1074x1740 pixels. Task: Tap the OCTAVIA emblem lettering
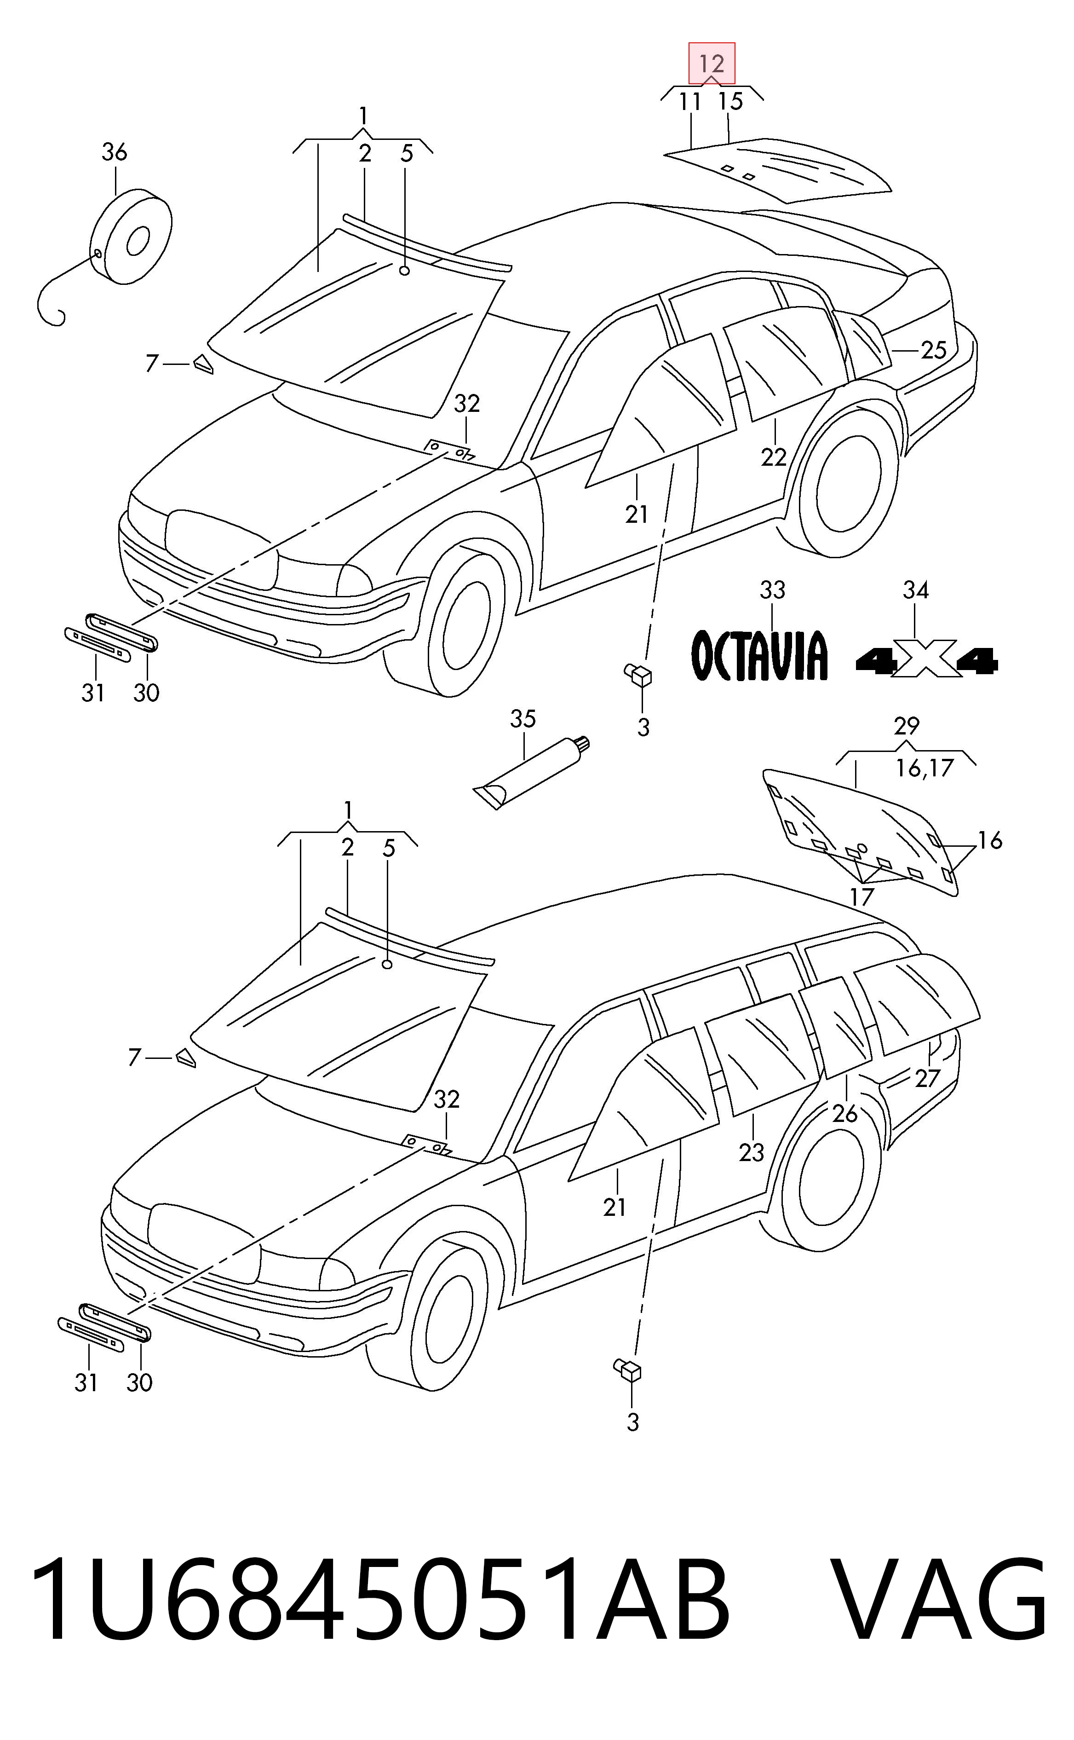click(x=760, y=655)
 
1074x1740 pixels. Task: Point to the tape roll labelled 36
click(x=132, y=237)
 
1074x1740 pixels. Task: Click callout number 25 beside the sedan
click(x=933, y=350)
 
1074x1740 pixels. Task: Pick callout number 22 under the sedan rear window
click(x=774, y=457)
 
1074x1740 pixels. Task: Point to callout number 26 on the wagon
click(x=844, y=1113)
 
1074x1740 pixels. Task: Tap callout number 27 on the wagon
click(x=927, y=1079)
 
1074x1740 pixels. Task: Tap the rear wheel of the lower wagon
click(x=830, y=1181)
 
